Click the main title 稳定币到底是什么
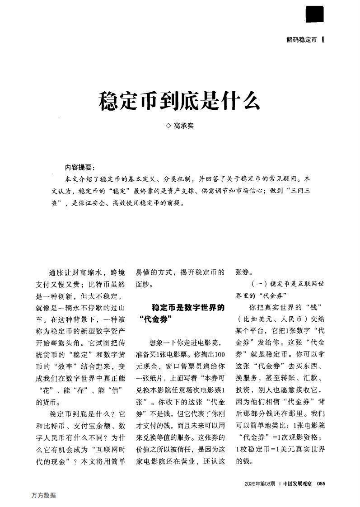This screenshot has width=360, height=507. [x=179, y=101]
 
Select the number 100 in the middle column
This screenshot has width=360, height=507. [x=219, y=354]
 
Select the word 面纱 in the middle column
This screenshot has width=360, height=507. [x=143, y=285]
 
